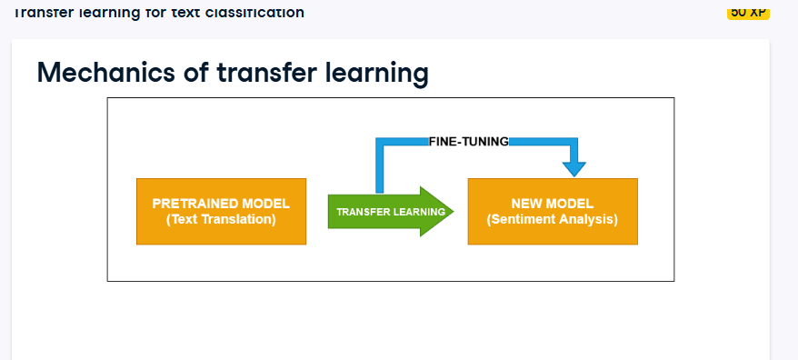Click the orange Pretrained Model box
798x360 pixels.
coord(221,211)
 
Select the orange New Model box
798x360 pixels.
coord(552,211)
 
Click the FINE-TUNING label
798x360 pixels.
coord(468,141)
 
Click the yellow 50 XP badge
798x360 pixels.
coord(748,12)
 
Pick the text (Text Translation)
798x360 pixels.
coord(221,219)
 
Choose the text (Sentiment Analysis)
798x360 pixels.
coord(552,219)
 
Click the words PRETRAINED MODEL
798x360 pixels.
coord(221,204)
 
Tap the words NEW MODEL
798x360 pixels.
coord(552,204)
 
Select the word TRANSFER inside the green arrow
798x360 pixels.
coord(362,212)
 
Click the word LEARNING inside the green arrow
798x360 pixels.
coord(418,212)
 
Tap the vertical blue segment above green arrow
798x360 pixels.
coord(380,168)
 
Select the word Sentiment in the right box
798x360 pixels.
coord(524,219)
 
